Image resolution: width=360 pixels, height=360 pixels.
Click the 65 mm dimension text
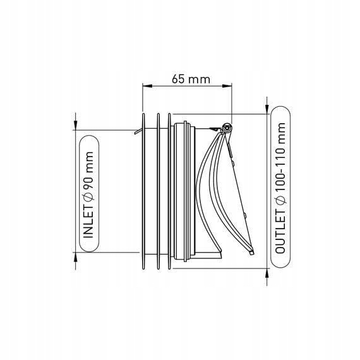tap(191, 79)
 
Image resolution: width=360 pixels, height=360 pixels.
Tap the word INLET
tap(88, 222)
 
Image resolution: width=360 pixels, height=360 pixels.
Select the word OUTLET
tap(280, 231)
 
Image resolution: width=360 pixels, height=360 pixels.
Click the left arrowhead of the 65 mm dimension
tap(147, 86)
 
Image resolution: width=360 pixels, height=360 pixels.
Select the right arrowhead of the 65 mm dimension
tap(227, 86)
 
